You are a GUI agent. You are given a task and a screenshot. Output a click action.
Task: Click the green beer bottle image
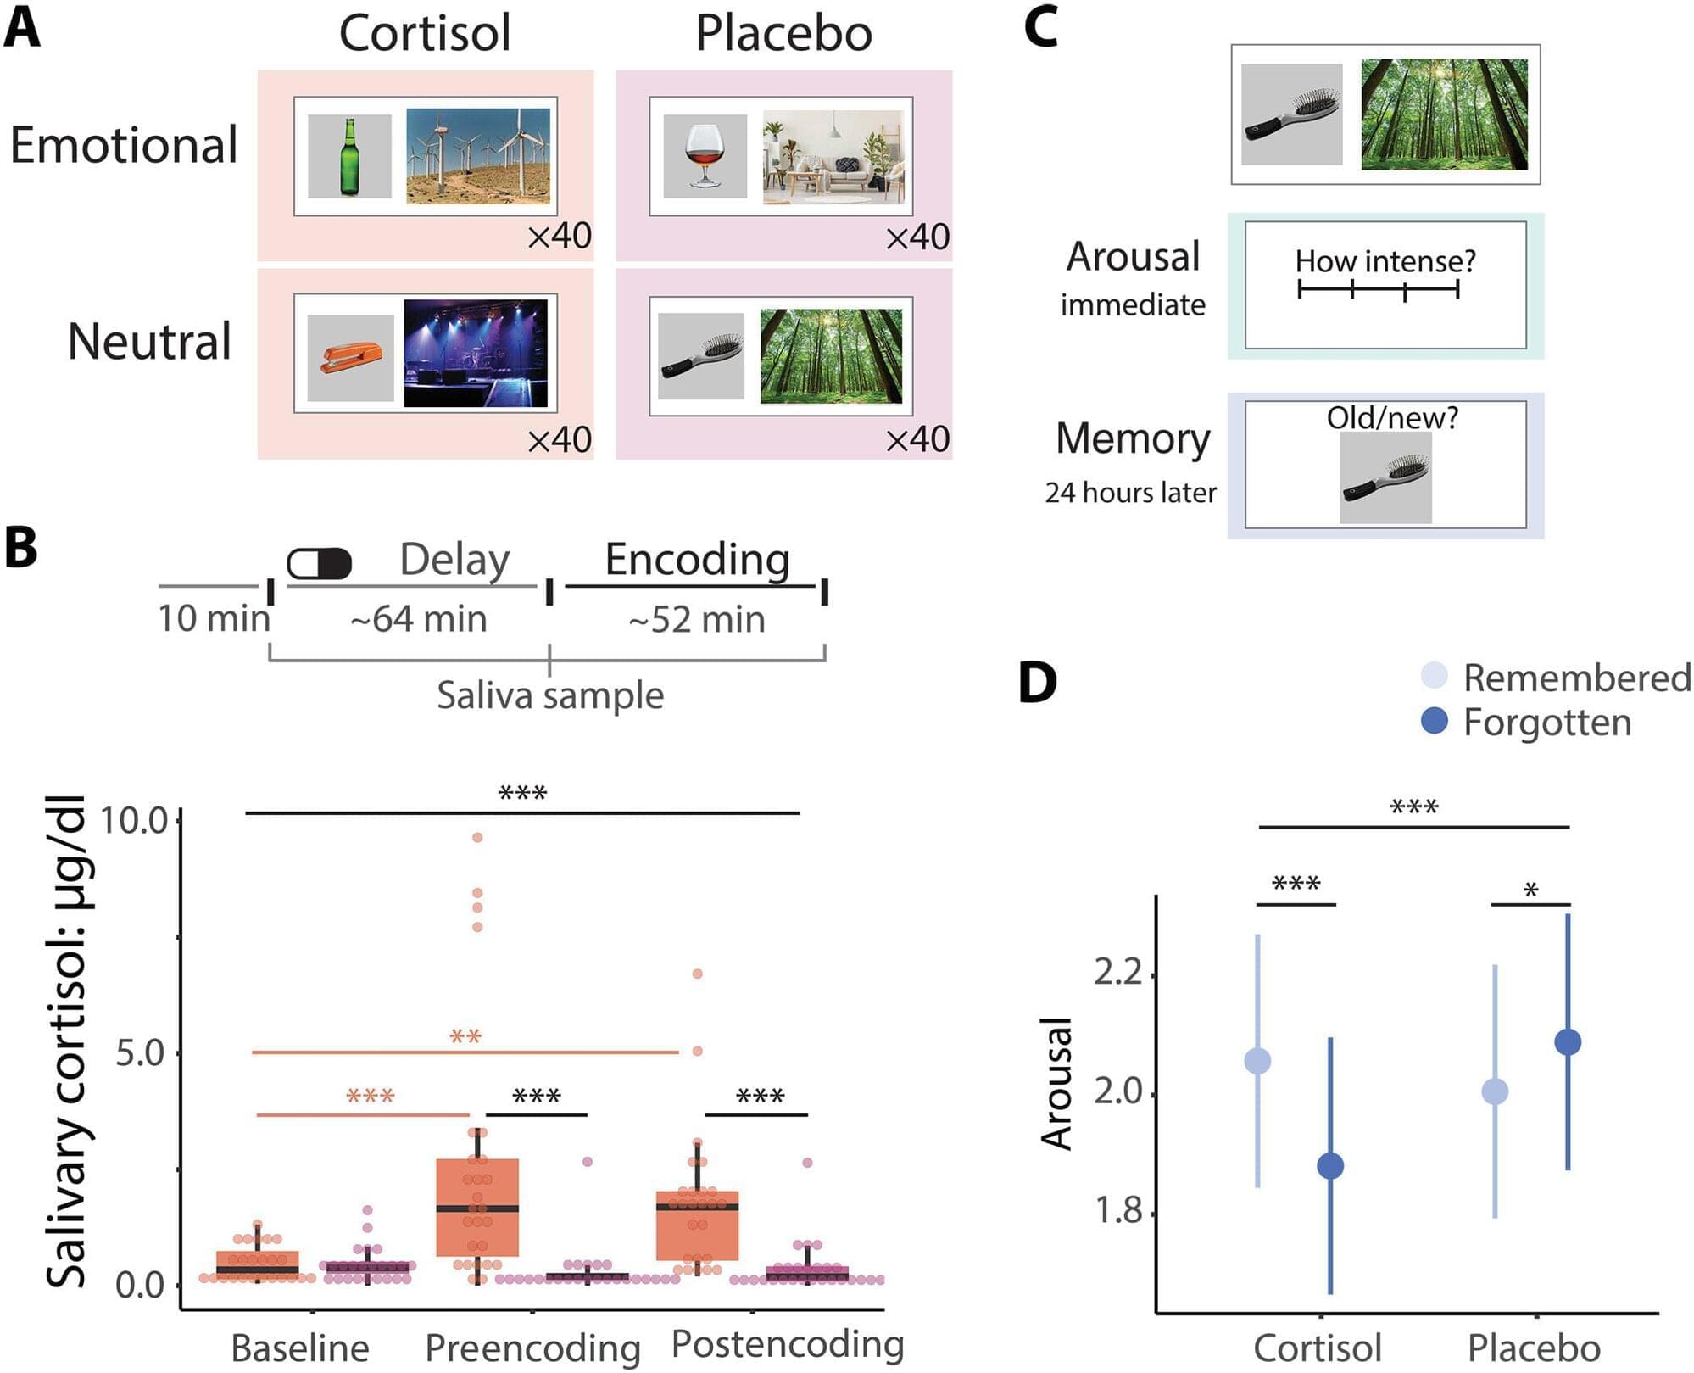pyautogui.click(x=349, y=157)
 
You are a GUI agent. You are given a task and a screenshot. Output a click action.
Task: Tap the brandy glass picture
pyautogui.click(x=704, y=157)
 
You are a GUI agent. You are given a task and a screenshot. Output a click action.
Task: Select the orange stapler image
pyautogui.click(x=350, y=357)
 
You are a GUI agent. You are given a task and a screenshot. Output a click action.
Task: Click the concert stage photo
pyautogui.click(x=476, y=353)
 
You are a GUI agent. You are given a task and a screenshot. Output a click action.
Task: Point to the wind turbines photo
pyautogui.click(x=478, y=156)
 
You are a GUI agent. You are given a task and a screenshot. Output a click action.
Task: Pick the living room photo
pyautogui.click(x=833, y=158)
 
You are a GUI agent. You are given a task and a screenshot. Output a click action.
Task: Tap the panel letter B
pyautogui.click(x=21, y=548)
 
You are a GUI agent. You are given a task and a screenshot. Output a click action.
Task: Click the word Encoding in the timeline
pyautogui.click(x=697, y=560)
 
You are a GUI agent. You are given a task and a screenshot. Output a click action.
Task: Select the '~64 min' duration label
pyautogui.click(x=419, y=619)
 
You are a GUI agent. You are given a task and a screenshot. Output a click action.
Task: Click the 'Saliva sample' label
pyautogui.click(x=550, y=695)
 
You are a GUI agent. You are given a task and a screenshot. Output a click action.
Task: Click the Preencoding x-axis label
pyautogui.click(x=532, y=1348)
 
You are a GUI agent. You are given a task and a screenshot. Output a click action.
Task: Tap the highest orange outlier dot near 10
pyautogui.click(x=477, y=837)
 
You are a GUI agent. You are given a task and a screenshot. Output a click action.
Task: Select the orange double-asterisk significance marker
pyautogui.click(x=465, y=1036)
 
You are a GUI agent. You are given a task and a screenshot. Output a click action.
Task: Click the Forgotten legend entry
pyautogui.click(x=1526, y=722)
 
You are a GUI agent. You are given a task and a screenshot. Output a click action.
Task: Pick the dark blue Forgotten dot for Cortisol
pyautogui.click(x=1330, y=1166)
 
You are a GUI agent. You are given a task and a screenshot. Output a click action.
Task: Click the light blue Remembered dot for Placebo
pyautogui.click(x=1495, y=1091)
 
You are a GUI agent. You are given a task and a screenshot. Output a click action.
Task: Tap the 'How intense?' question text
pyautogui.click(x=1385, y=261)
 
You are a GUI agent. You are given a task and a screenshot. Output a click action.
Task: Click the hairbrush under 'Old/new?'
pyautogui.click(x=1385, y=477)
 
